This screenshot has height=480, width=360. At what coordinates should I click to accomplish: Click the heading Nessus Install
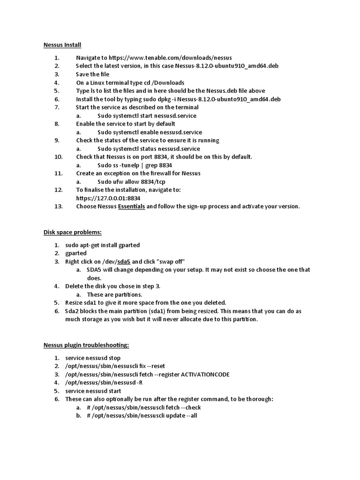coord(62,45)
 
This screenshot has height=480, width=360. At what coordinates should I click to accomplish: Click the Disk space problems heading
coord(72,232)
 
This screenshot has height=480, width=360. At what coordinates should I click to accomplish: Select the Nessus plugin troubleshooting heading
coord(86,345)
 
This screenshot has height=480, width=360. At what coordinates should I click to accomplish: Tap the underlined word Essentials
coord(131,206)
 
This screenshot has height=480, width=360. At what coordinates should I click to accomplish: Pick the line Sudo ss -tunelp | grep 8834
coord(135,165)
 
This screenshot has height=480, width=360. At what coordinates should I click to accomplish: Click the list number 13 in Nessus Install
coord(58,206)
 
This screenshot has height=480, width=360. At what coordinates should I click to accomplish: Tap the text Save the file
coord(92,75)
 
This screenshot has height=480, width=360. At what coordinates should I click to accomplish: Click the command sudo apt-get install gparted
coord(103,245)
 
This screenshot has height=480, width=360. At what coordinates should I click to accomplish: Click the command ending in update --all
coord(142,416)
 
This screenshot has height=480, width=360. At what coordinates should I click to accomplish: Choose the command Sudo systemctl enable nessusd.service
coord(150,132)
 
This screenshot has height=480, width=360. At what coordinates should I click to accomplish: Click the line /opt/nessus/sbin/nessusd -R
coord(104,382)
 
